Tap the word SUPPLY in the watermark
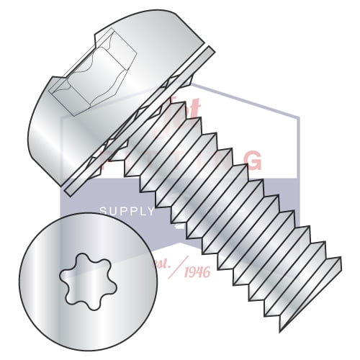click(126, 212)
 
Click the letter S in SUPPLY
click(101, 212)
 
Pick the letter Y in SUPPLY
click(150, 212)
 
